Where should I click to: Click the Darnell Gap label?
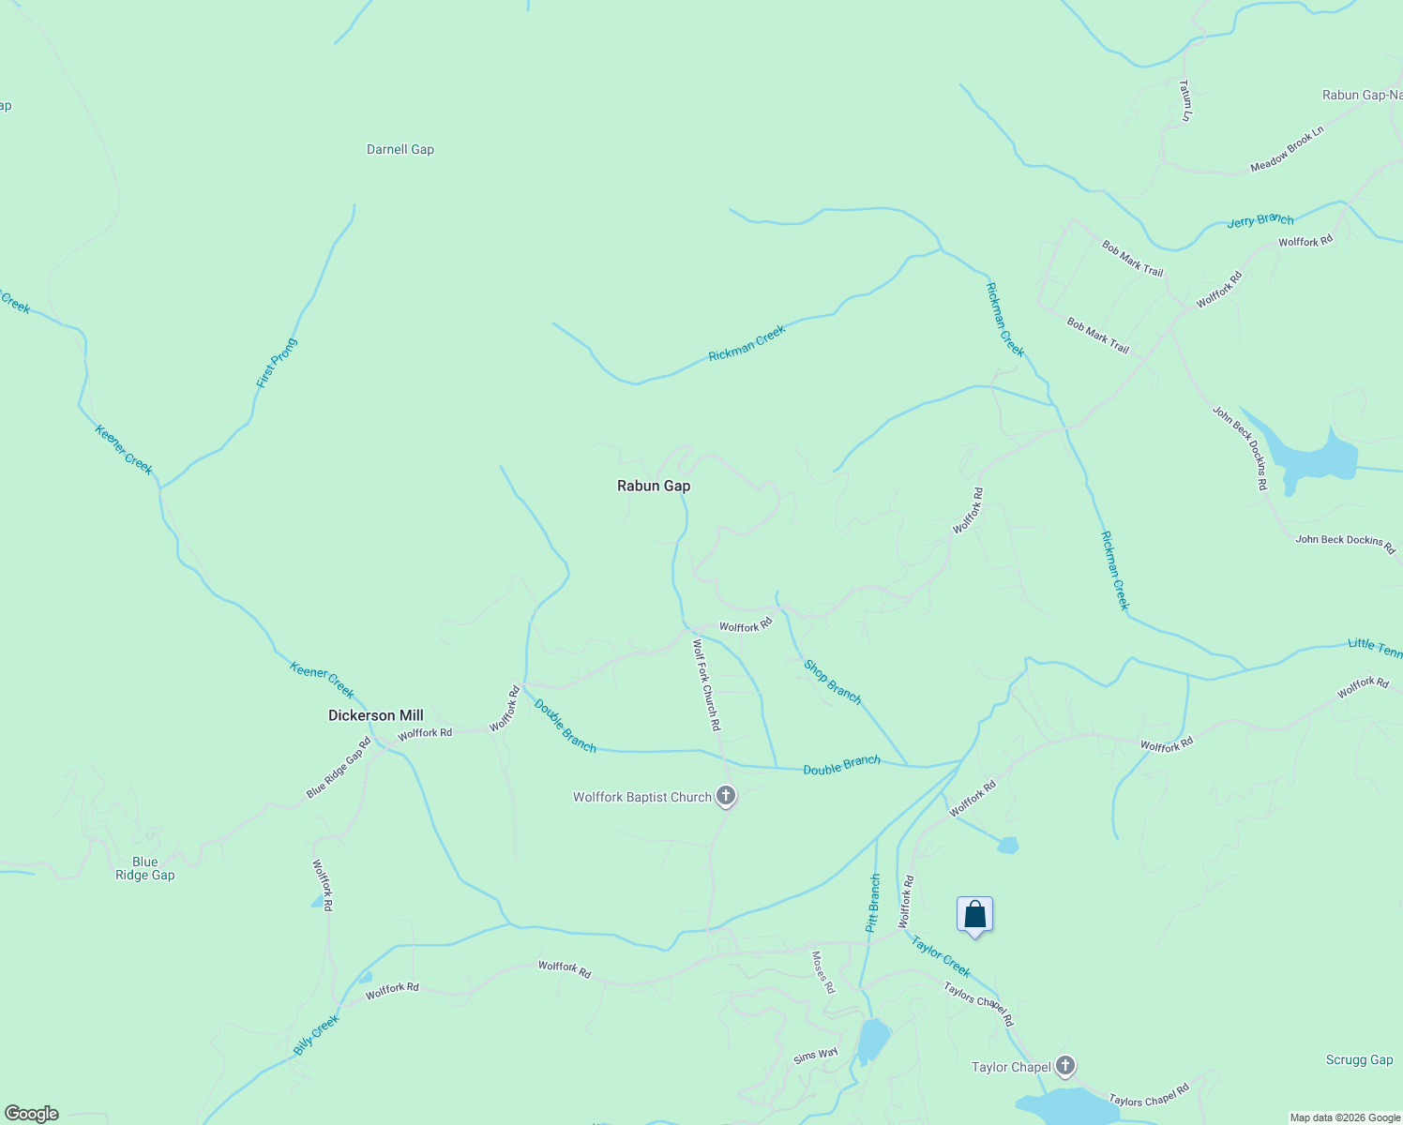point(400,149)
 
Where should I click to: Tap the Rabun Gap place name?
point(654,486)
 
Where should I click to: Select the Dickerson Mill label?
point(375,715)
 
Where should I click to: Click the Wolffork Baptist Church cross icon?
point(725,797)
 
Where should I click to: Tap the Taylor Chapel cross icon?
point(1064,1066)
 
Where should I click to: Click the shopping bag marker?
point(974,915)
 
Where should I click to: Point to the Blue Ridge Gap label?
point(144,868)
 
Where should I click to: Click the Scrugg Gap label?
point(1359,1059)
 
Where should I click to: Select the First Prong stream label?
point(277,364)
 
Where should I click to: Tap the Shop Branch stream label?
point(832,682)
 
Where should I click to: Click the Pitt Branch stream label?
point(873,903)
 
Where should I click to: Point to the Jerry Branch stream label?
point(1260,220)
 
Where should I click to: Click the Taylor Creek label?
point(941,956)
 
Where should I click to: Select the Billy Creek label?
point(315,1035)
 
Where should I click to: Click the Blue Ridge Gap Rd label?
point(339,768)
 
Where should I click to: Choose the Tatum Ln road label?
point(1185,99)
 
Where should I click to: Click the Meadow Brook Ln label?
point(1287,150)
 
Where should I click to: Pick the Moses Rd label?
point(822,972)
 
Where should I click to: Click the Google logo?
point(32,1114)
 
